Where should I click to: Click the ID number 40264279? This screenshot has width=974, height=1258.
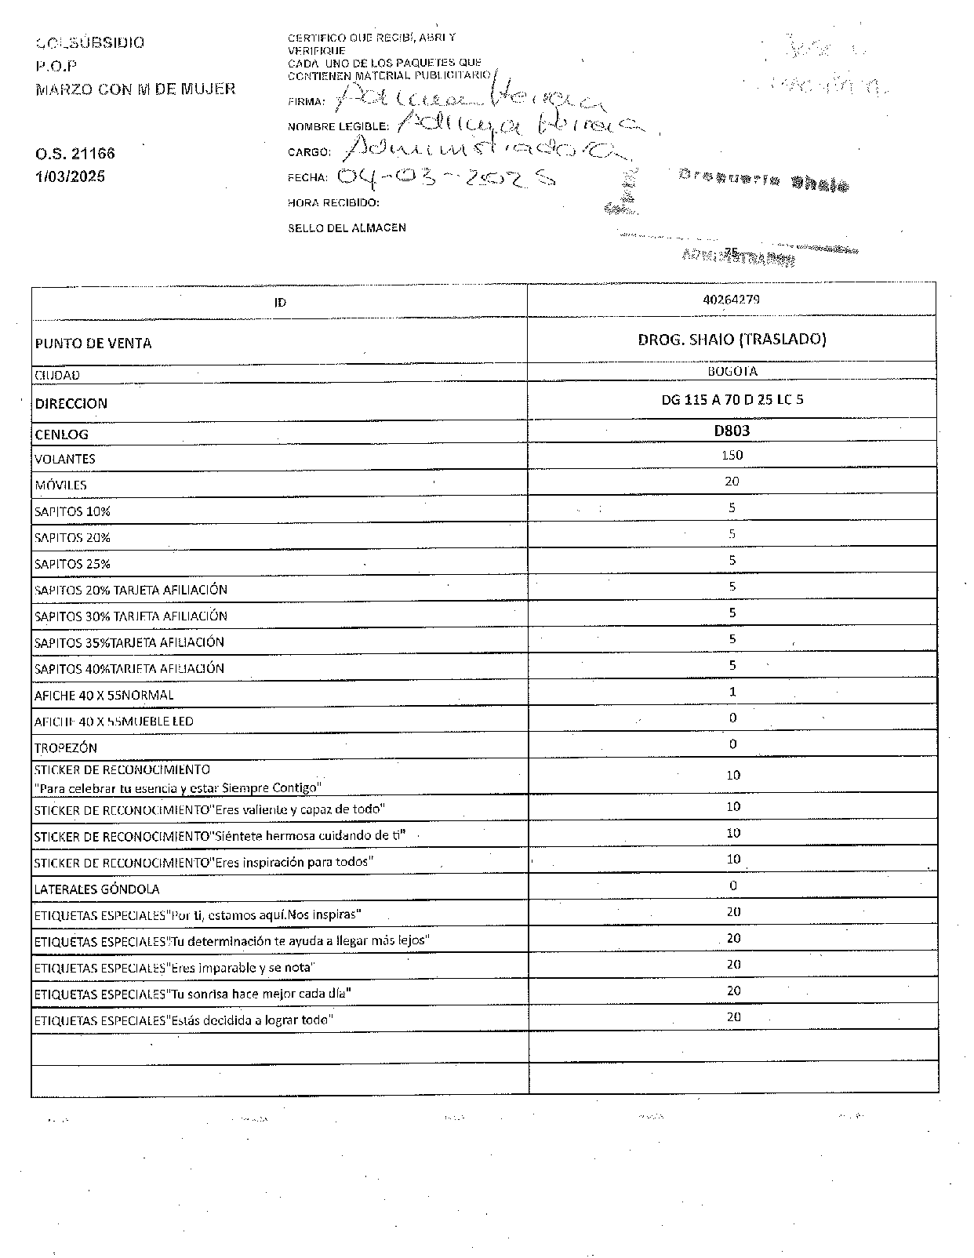pos(732,300)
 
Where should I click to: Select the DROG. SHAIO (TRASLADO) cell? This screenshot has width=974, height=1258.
pos(732,339)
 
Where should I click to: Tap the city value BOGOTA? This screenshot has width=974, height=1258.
pos(732,371)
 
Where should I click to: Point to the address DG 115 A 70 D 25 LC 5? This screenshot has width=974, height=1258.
pos(732,399)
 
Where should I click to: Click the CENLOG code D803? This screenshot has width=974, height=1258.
pos(732,430)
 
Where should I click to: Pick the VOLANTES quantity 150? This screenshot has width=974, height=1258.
pos(732,455)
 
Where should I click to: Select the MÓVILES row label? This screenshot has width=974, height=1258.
pos(60,485)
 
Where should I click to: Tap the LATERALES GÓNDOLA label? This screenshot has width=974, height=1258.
pos(96,889)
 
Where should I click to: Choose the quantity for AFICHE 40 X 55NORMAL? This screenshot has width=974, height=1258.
pos(732,691)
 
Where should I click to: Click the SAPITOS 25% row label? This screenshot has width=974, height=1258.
pos(72,564)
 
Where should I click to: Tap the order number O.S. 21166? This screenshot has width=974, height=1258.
pos(75,154)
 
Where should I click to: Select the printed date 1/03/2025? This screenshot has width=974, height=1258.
pos(70,176)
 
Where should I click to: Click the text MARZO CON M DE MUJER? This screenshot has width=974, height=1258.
pos(135,89)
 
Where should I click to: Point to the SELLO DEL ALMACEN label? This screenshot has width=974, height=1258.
pos(347,227)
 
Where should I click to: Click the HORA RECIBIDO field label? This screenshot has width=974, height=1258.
pos(333,203)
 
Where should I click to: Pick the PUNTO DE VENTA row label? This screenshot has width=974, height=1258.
pos(93,344)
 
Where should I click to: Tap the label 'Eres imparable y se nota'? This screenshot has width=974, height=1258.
pos(173,968)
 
